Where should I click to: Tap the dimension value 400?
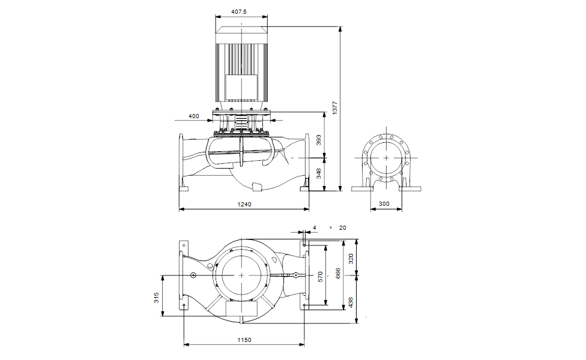pos(194,116)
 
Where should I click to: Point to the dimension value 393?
pos(319,140)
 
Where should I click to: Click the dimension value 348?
pos(319,173)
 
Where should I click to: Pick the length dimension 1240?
pos(244,205)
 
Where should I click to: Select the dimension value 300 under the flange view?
pos(384,204)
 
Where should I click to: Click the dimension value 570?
pos(321,276)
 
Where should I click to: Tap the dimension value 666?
pos(338,274)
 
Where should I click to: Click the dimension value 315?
pos(157,297)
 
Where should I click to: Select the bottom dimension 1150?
pos(244,340)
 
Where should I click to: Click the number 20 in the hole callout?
pos(343,228)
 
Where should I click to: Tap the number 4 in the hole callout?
pos(314,228)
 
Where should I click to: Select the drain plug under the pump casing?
pos(257,188)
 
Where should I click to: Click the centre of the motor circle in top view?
pos(241,274)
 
